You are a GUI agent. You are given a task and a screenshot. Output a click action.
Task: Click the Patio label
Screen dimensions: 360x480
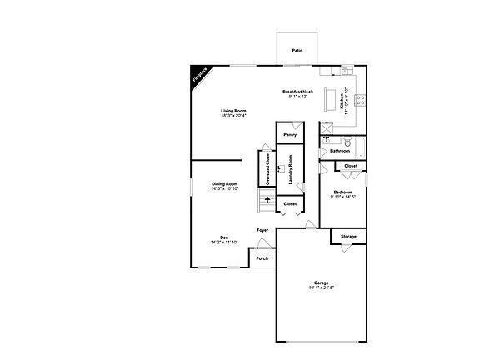coord(297,51)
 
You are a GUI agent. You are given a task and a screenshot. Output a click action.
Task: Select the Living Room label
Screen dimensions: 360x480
coord(234,111)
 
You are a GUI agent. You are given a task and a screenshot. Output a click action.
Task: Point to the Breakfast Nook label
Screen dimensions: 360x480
coord(297,92)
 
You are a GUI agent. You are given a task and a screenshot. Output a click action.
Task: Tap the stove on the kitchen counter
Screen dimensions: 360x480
coord(362,102)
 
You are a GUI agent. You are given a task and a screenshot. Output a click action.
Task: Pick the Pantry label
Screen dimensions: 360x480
coord(290,134)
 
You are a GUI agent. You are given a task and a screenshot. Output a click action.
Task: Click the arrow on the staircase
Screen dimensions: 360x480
coord(267,199)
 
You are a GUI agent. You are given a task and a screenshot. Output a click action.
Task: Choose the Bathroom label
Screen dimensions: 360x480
coord(339,151)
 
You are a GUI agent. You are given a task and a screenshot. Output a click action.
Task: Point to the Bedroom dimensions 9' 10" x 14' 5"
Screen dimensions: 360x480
coord(342,197)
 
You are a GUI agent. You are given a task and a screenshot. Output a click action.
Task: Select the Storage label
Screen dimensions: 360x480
coord(348,237)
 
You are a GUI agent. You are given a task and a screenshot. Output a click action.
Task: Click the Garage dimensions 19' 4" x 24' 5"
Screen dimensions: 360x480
coord(321,287)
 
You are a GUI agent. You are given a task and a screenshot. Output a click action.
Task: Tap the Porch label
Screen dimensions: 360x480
coord(262,258)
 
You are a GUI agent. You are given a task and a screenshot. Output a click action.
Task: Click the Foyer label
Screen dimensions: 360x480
coord(262,230)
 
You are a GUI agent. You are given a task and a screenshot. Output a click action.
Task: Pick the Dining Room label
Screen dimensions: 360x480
coord(225,183)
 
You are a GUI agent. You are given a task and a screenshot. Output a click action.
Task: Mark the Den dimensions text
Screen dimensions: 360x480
coord(224,242)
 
